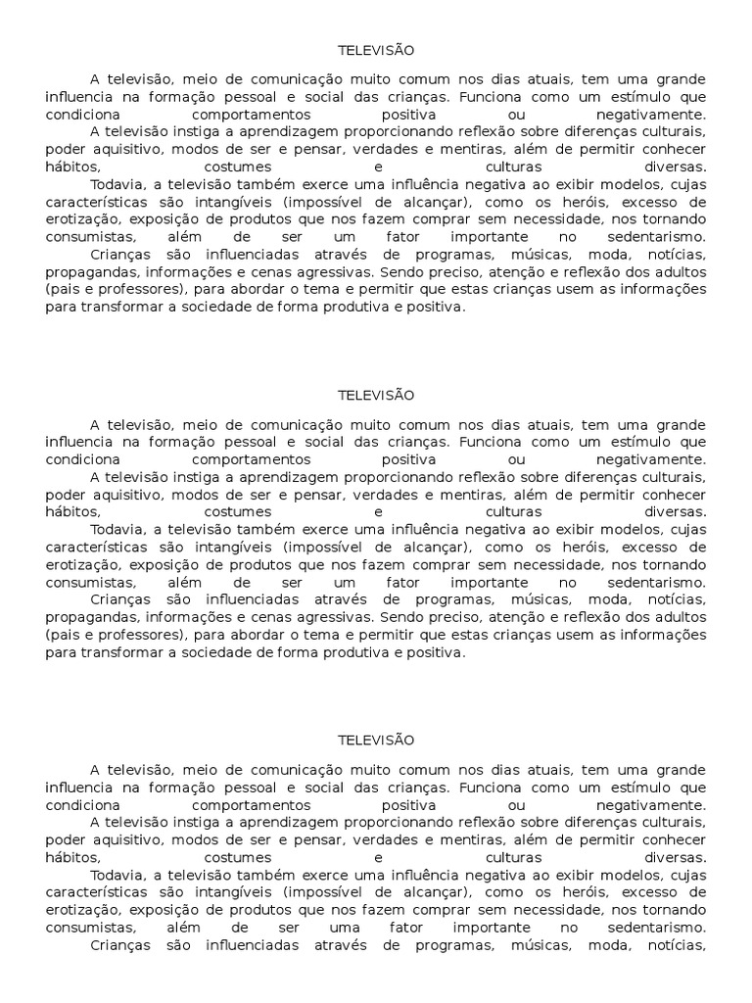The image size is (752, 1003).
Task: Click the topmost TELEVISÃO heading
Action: pos(376,50)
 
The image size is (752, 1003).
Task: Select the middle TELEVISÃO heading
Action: pos(376,395)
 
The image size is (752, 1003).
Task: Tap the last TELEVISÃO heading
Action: pos(376,740)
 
